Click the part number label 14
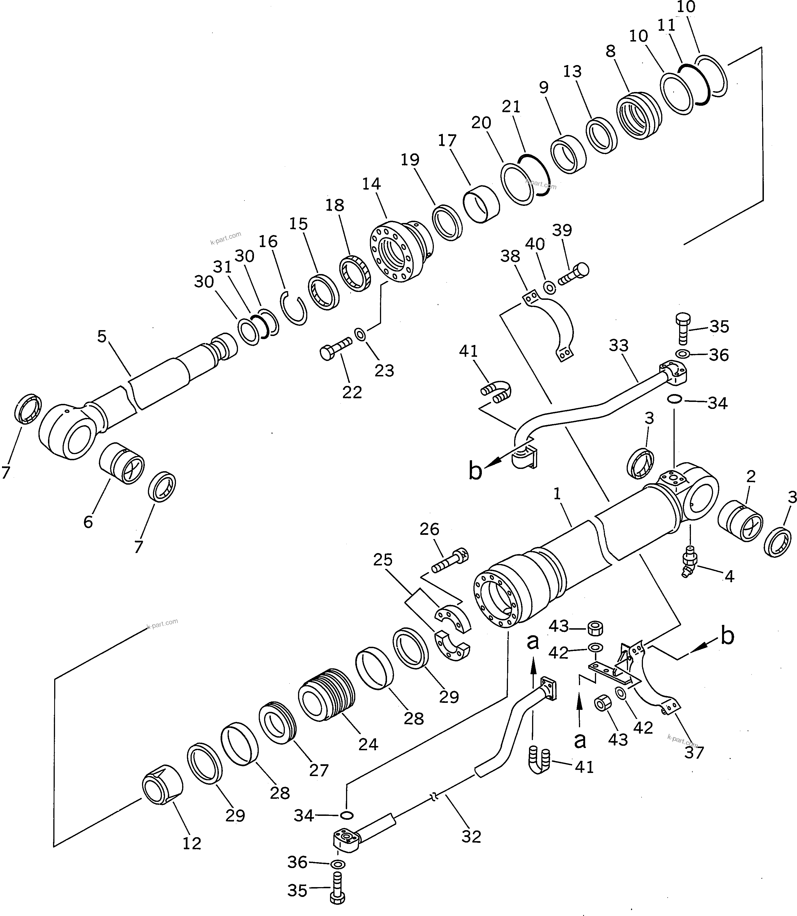coord(371,184)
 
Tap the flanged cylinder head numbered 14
coord(398,251)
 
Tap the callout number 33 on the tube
coord(618,345)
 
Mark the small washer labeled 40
coord(550,288)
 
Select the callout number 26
coord(429,529)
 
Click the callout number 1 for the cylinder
coord(558,494)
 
